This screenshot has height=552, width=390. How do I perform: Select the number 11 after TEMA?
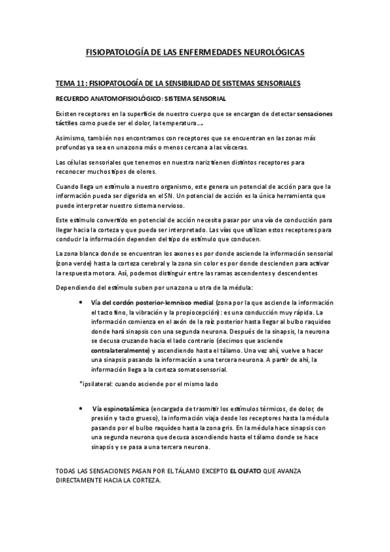pyautogui.click(x=83, y=83)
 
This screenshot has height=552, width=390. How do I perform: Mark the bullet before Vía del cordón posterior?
pyautogui.click(x=79, y=303)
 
